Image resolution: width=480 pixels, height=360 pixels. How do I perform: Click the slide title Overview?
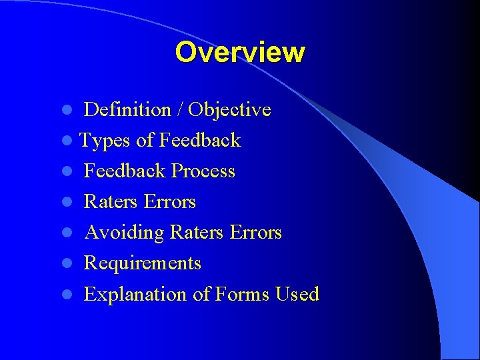(240, 52)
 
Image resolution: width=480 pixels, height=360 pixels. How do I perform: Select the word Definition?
(127, 109)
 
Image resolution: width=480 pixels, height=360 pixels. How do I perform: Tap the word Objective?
(231, 109)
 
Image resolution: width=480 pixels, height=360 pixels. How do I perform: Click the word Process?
(203, 171)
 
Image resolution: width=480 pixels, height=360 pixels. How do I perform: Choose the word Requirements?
(143, 263)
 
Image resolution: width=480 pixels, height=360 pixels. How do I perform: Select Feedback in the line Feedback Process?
(125, 171)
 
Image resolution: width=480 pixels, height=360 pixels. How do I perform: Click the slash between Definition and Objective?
(179, 109)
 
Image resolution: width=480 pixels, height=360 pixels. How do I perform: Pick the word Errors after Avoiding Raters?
(255, 233)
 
